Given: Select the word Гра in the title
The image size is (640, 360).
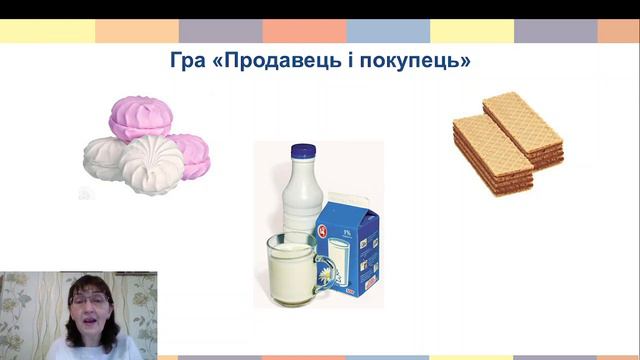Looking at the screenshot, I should coord(190,61).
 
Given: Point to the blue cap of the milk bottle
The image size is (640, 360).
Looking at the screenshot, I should coord(304,154).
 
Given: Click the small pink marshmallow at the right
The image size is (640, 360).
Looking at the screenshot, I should coord(190,155).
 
